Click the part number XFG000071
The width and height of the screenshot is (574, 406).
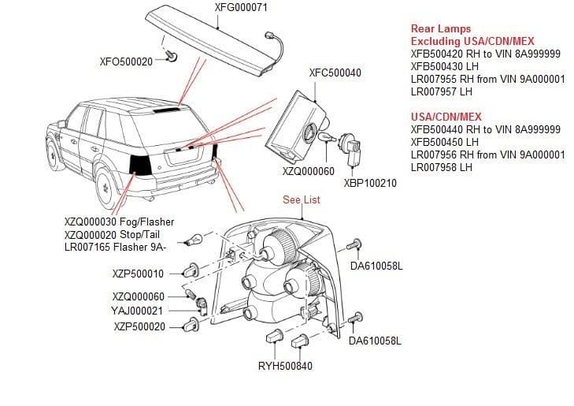[241, 8]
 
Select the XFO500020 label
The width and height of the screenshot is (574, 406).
[126, 61]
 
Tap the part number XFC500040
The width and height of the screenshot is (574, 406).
[335, 73]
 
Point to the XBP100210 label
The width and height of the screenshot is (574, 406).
[370, 183]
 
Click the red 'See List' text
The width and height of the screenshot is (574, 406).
[302, 200]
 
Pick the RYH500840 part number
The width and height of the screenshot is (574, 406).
[285, 367]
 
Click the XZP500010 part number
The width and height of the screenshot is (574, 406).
[139, 274]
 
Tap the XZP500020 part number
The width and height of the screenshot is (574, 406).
[139, 326]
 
